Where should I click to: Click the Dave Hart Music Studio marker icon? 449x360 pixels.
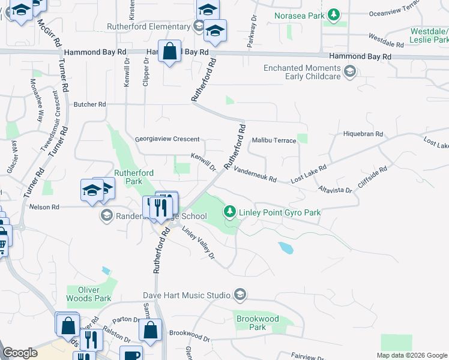[x=240, y=295]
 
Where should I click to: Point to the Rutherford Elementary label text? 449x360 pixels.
[x=148, y=27]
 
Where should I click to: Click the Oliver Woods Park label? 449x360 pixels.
[x=89, y=293]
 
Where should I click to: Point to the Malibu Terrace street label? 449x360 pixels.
[x=274, y=140]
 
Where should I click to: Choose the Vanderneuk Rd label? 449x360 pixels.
[x=255, y=175]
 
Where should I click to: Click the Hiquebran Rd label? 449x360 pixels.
[x=363, y=134]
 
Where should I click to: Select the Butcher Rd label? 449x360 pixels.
[x=89, y=104]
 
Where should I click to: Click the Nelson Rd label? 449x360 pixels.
[x=44, y=207]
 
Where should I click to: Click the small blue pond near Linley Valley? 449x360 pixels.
[x=286, y=247]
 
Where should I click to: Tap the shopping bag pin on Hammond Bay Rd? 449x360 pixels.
[x=170, y=52]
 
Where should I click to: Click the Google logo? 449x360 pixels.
[x=20, y=353]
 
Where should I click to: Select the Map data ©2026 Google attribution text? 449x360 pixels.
[x=411, y=355]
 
